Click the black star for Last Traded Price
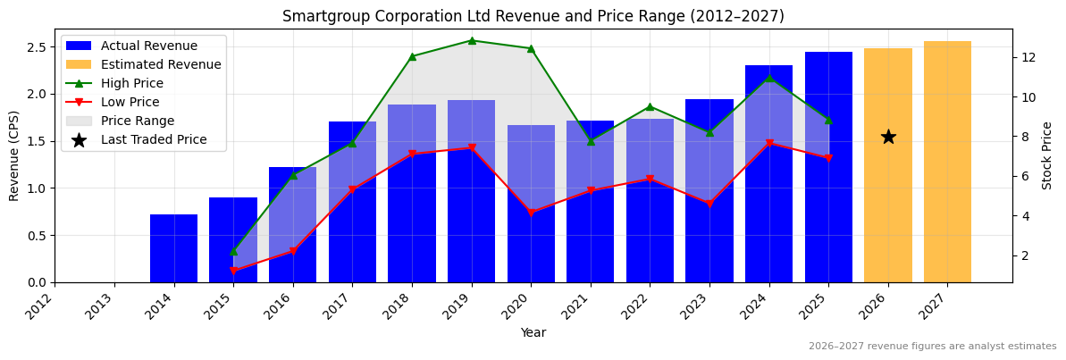888,137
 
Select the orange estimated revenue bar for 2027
947,162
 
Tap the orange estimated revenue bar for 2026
888,205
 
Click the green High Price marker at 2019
472,40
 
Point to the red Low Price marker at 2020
531,213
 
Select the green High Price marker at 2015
233,251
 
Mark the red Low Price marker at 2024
769,143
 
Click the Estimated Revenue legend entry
161,64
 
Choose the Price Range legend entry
138,121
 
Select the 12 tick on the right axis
1028,57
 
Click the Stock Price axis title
1047,155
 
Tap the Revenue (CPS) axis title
14,155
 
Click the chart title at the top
533,16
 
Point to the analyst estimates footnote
932,347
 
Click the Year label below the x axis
533,332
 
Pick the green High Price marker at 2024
769,78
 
